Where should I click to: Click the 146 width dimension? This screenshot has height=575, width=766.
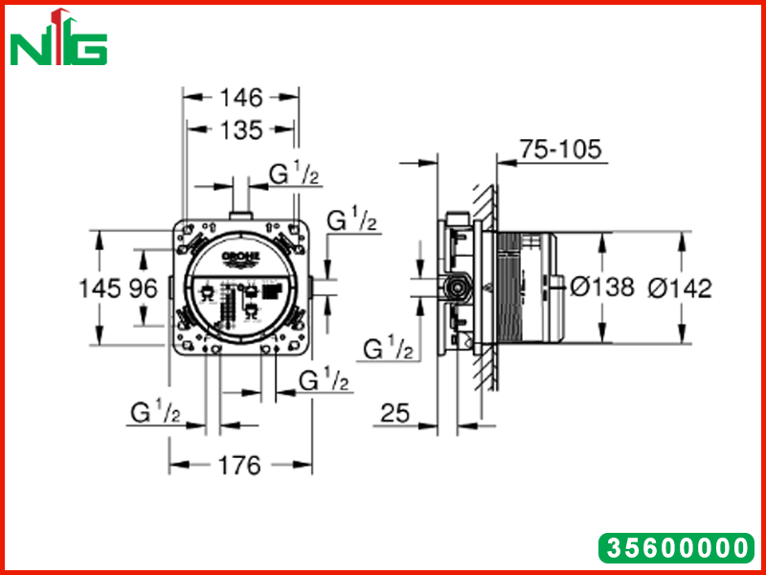[x=241, y=98]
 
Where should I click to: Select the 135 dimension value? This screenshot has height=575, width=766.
[x=241, y=130]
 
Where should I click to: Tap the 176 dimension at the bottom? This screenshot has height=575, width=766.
[x=239, y=466]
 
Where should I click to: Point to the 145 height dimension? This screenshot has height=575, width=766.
[x=100, y=288]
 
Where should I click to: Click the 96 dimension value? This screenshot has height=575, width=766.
[x=143, y=288]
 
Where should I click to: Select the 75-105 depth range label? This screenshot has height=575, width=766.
[x=560, y=149]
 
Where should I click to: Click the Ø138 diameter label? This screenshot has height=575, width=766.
[x=602, y=287]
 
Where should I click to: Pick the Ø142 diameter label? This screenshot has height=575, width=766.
[x=680, y=288]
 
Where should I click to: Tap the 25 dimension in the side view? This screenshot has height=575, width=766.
[x=394, y=413]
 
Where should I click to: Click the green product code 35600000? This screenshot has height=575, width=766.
[x=677, y=547]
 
